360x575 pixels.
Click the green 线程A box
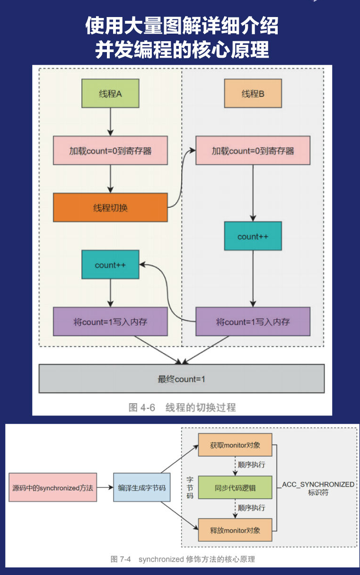coord(110,93)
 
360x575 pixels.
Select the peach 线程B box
coord(253,93)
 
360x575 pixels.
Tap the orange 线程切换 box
coord(110,207)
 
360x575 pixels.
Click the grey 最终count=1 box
coord(182,379)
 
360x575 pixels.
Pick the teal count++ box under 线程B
coord(253,236)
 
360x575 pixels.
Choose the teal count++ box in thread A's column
coord(110,265)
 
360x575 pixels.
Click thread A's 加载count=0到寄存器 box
coord(110,150)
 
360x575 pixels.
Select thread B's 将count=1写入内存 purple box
coord(253,321)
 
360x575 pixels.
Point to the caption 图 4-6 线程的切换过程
coord(182,407)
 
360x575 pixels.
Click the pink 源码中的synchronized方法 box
coord(53,487)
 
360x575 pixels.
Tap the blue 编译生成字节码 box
coord(142,487)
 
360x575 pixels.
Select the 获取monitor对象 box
coord(235,445)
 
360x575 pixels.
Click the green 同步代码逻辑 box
coord(235,487)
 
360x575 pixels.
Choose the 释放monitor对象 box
coord(235,530)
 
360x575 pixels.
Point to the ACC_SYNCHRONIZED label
coord(318,485)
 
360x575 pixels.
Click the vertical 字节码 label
coord(190,487)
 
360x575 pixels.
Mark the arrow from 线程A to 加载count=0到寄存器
coord(110,122)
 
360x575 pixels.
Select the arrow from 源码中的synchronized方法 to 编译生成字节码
coord(105,487)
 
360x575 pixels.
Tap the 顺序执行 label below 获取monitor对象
coord(252,465)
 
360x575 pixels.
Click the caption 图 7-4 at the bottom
coord(121,559)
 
